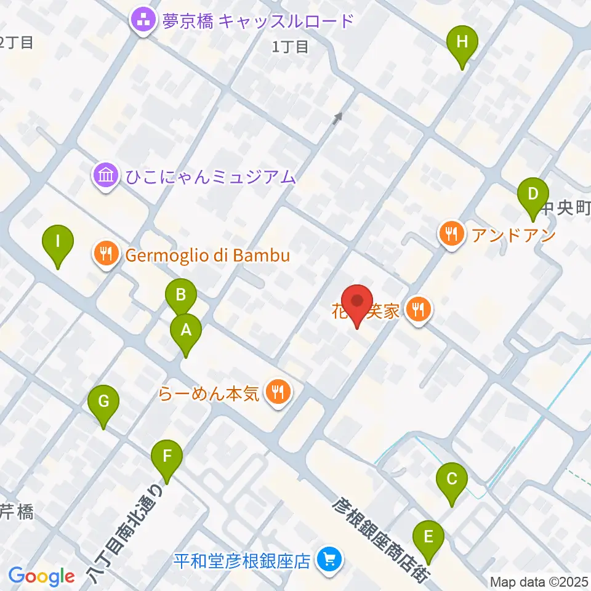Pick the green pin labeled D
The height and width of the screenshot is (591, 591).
(533, 195)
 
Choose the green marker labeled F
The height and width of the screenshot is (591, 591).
(167, 457)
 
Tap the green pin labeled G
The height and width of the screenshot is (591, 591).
(103, 403)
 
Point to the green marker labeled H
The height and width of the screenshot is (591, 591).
(462, 43)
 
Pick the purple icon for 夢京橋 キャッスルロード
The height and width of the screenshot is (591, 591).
(144, 22)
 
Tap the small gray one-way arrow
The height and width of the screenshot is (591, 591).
(337, 118)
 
